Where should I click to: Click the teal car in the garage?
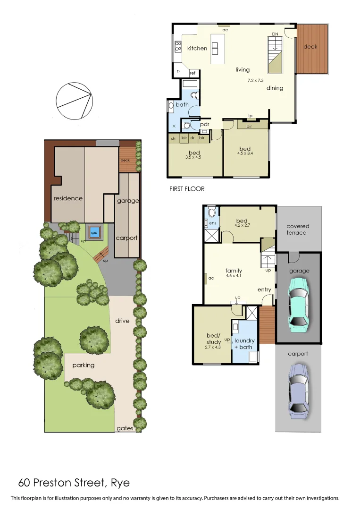[x=299, y=302]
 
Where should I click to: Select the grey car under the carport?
[x=299, y=387]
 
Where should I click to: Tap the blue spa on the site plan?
[x=94, y=233]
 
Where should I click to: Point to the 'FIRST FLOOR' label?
[x=187, y=188]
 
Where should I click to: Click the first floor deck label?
[x=310, y=47]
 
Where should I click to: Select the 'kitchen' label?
[x=197, y=48]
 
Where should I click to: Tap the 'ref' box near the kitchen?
[x=193, y=73]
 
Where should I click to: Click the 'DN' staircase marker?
[x=275, y=34]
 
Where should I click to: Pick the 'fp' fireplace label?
[x=250, y=116]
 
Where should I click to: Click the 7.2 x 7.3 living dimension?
[x=257, y=81]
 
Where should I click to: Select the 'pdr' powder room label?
[x=204, y=125]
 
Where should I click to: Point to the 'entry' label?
[x=264, y=289]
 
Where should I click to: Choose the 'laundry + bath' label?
[x=244, y=343]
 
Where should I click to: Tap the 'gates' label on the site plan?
[x=125, y=428]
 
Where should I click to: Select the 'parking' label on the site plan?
[x=84, y=365]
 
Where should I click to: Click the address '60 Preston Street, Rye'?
[x=74, y=483]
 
